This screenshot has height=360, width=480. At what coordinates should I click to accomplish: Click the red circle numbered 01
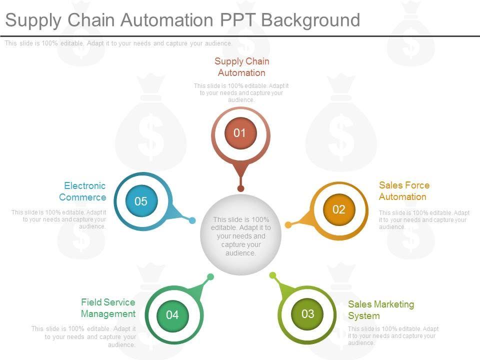pos(240,133)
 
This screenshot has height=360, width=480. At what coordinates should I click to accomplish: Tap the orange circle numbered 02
pos(339,209)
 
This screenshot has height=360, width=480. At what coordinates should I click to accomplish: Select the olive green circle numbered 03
pos(307,314)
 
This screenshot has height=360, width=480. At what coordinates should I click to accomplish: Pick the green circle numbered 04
pos(172,315)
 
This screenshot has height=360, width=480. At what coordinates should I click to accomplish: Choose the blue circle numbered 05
pos(141,201)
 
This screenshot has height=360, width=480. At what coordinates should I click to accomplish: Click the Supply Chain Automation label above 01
pos(242,67)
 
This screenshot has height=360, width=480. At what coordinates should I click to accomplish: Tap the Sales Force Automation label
pos(404,191)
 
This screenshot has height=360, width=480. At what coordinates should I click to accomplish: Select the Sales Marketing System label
pos(381,310)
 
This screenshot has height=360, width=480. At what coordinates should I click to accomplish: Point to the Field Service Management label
pos(108,308)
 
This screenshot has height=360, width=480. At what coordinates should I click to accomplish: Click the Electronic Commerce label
pos(82,191)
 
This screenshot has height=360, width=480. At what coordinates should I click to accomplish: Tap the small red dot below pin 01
pos(240,188)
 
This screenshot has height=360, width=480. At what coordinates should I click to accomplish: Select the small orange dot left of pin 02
pos(288,225)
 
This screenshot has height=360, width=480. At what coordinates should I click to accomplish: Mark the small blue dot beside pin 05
pos(192,220)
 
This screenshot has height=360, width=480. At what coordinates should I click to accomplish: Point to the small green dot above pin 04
pos(210,276)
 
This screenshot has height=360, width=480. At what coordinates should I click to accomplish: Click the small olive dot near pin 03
pos(272,275)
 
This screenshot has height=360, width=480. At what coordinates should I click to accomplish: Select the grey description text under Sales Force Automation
pos(424,220)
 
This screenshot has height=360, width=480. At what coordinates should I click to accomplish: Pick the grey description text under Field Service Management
pos(83,336)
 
